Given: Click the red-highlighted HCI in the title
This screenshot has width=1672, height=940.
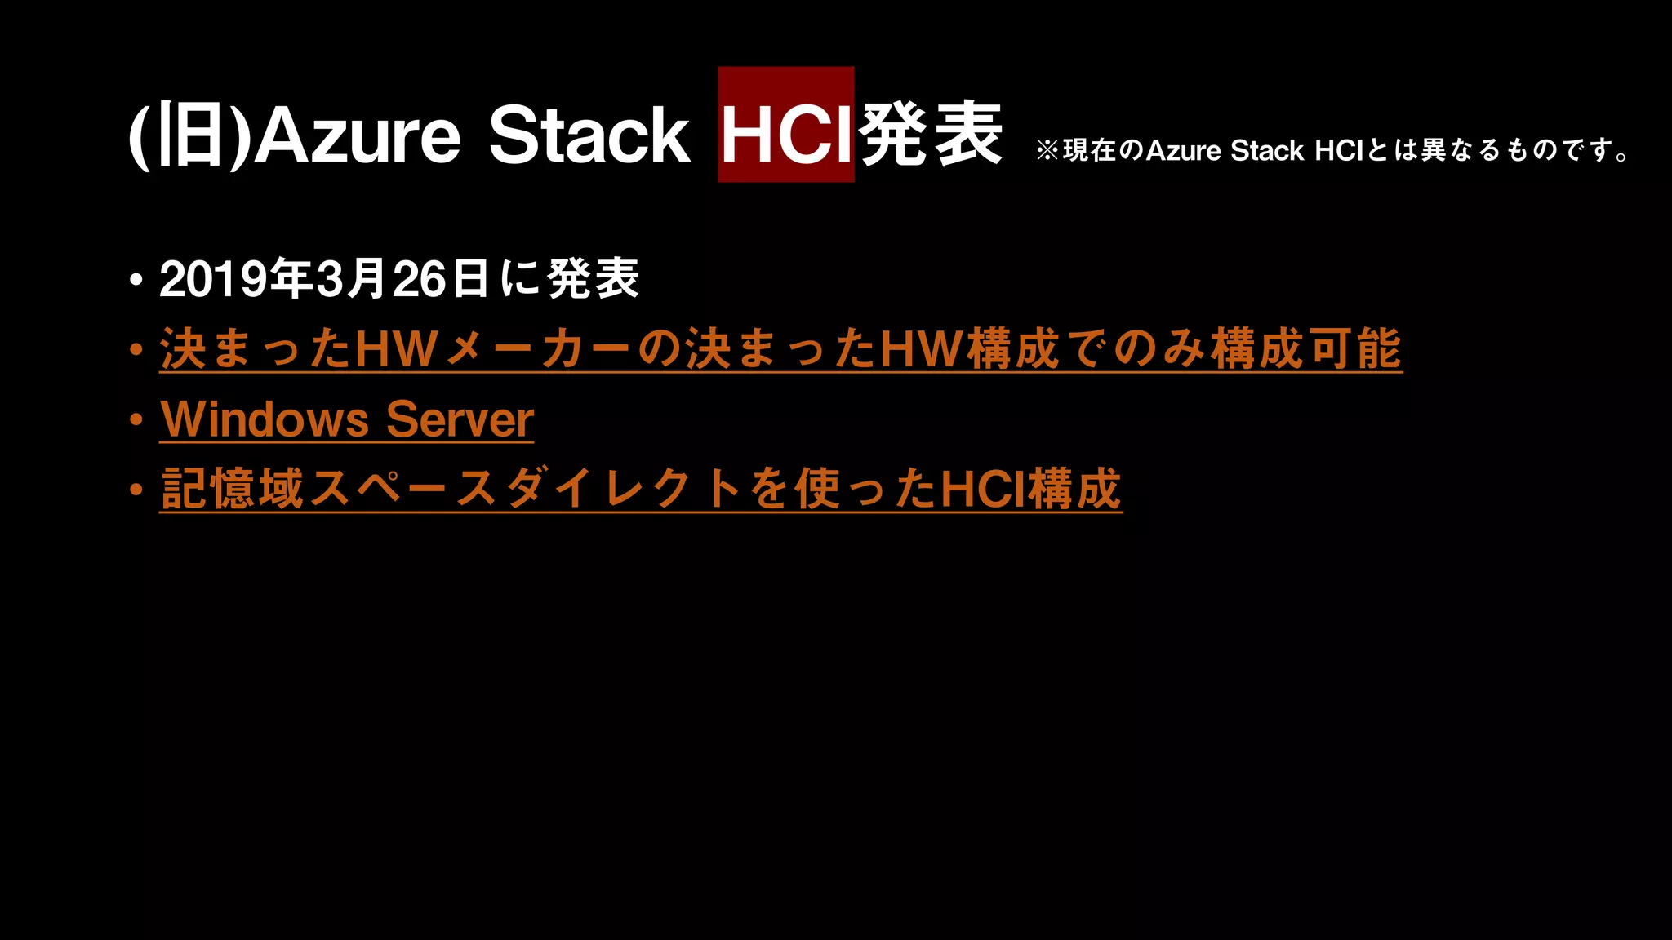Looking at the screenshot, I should (785, 135).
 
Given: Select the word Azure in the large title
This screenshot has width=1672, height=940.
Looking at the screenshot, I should (358, 135).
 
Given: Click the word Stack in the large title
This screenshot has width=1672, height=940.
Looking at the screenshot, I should (589, 135).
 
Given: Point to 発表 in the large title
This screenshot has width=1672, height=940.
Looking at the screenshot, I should (931, 135).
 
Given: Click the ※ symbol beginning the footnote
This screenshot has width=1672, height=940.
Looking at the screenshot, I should (1047, 150).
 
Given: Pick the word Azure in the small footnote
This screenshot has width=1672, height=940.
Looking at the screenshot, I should (1183, 151).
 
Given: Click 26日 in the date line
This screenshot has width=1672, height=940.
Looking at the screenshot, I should (440, 279).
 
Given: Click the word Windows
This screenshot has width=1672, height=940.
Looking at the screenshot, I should (265, 419).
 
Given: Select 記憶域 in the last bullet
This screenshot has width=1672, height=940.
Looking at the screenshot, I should (233, 490).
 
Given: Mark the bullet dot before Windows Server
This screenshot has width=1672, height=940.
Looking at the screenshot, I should (136, 420).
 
